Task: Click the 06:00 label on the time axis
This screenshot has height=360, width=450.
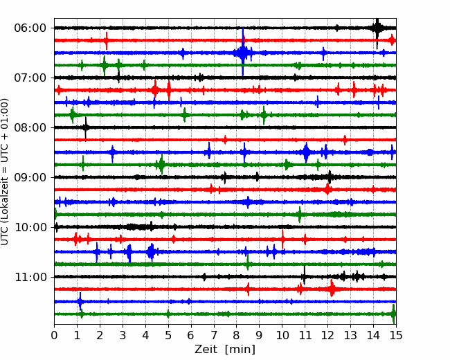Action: click(x=30, y=28)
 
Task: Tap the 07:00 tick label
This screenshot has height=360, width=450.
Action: click(x=30, y=78)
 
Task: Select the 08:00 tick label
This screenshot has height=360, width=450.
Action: click(x=30, y=127)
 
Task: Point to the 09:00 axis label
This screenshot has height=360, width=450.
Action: click(x=30, y=177)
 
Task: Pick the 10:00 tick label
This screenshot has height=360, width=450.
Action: click(x=30, y=227)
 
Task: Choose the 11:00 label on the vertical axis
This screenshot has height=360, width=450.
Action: click(x=30, y=277)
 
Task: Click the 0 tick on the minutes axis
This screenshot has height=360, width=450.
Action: click(x=54, y=335)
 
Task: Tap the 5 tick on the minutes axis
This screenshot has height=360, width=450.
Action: click(x=168, y=335)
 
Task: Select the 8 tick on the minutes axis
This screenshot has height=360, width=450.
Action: click(x=237, y=335)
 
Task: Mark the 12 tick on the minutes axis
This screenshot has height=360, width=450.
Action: click(x=327, y=335)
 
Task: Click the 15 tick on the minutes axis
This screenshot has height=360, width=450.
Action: click(x=396, y=335)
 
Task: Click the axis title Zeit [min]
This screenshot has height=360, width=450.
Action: click(x=225, y=350)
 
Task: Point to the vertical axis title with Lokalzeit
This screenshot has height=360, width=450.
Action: click(x=5, y=172)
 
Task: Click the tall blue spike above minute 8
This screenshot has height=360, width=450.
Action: click(x=243, y=52)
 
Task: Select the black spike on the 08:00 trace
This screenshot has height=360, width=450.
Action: click(x=86, y=128)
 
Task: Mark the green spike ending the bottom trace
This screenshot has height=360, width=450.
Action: click(x=393, y=314)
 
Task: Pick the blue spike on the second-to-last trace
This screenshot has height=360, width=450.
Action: click(x=80, y=301)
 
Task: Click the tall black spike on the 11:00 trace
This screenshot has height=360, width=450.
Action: click(x=304, y=275)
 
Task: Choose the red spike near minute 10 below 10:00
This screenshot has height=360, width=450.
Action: click(x=283, y=239)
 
